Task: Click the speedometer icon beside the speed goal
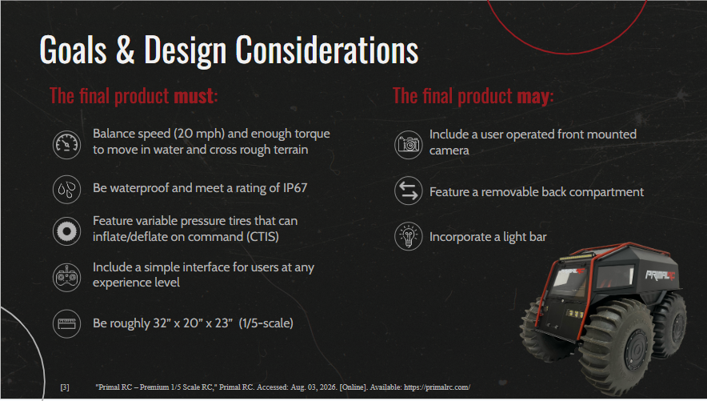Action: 66,145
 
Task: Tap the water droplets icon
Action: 66,190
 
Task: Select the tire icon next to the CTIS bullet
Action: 66,231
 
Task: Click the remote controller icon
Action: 66,278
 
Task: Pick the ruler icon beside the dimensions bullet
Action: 66,323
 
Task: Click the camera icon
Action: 409,145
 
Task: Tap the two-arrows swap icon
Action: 409,190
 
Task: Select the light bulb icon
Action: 409,236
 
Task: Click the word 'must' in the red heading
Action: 194,96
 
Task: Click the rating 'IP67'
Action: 295,187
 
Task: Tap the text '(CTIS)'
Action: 262,237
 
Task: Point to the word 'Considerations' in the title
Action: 327,50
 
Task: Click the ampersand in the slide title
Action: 126,50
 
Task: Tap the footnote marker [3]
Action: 65,387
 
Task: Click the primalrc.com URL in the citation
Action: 437,387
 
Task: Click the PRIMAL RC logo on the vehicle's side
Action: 660,275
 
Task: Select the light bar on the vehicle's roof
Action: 577,257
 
